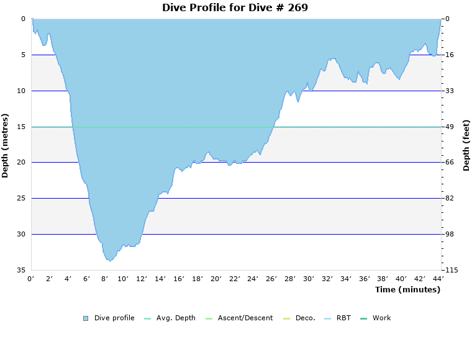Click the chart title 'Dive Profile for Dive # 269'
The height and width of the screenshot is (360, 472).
(235, 7)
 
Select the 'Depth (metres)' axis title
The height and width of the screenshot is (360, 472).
(6, 145)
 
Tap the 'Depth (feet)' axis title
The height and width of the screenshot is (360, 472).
(466, 145)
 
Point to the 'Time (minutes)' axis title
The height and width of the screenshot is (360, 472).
(407, 289)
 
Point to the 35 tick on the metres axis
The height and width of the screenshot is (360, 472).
(21, 270)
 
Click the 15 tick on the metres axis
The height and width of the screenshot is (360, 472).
(21, 127)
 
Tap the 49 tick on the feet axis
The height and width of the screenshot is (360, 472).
(450, 127)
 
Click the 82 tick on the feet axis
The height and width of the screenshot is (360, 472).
(450, 198)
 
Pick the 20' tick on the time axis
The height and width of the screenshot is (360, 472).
(216, 279)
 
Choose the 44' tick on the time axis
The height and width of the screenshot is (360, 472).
(438, 279)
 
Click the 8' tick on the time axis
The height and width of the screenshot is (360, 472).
(105, 279)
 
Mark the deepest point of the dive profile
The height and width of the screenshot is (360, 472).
(109, 261)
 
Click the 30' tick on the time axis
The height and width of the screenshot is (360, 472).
(309, 279)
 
